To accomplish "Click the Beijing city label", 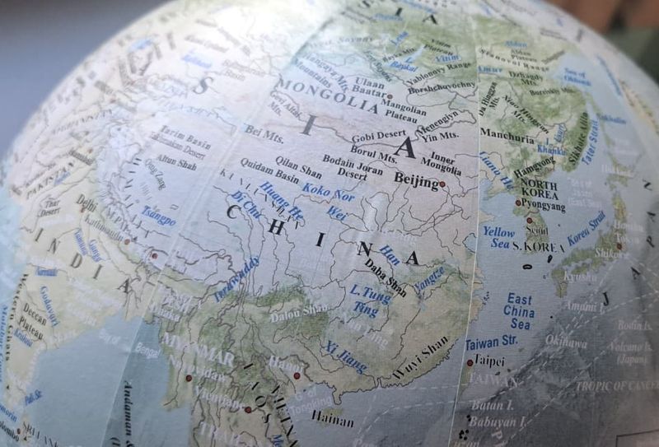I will (416, 180).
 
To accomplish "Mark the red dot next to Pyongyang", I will (518, 202).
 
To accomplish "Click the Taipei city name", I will (489, 361).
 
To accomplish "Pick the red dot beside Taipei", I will (470, 362).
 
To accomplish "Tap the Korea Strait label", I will (586, 227).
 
